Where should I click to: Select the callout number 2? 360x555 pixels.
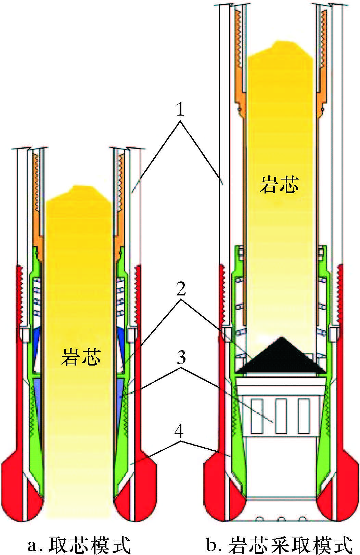[180, 290]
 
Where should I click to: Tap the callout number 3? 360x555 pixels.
[180, 358]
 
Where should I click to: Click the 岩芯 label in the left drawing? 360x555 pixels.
[81, 356]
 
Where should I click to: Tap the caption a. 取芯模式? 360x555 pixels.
[79, 544]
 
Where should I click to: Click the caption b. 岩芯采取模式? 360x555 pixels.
[279, 544]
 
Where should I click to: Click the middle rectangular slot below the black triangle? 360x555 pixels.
[281, 416]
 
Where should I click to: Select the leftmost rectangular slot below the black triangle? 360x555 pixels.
[257, 416]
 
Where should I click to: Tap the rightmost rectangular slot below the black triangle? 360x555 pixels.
[304, 416]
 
